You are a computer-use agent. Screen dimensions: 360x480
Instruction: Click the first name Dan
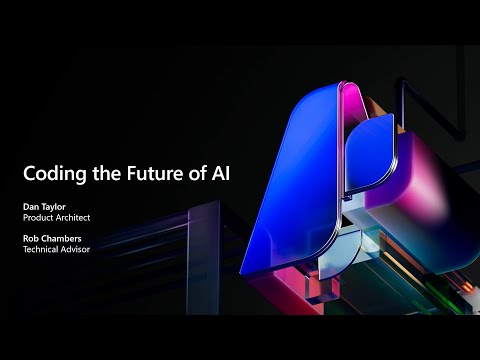[33, 208]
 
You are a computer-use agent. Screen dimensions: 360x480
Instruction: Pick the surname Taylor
[57, 208]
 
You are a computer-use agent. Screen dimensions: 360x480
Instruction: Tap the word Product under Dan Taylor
[40, 219]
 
